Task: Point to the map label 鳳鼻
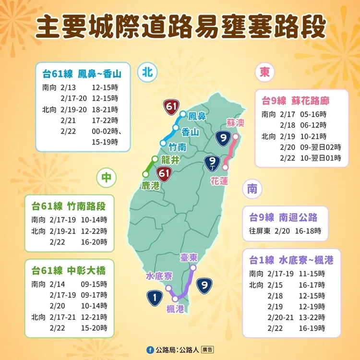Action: point(197,116)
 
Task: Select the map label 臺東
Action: point(188,257)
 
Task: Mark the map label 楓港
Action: point(174,309)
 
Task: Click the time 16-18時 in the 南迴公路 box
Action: point(314,231)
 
